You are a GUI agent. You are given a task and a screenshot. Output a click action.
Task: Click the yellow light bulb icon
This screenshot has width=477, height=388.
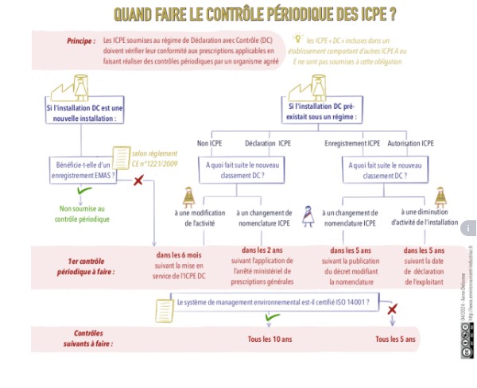(298, 37)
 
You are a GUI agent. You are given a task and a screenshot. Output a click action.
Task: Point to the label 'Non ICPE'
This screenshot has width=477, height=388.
(211, 143)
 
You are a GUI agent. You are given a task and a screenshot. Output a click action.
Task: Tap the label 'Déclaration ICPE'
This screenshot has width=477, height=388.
(266, 143)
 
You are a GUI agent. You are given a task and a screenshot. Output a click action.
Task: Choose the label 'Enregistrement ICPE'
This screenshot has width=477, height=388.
(352, 143)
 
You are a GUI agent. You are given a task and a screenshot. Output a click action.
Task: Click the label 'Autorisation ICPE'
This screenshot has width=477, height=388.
(410, 143)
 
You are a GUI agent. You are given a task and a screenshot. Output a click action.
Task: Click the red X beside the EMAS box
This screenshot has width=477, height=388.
(138, 181)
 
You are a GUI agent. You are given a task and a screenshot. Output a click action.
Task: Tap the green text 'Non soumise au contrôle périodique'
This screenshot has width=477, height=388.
(83, 213)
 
